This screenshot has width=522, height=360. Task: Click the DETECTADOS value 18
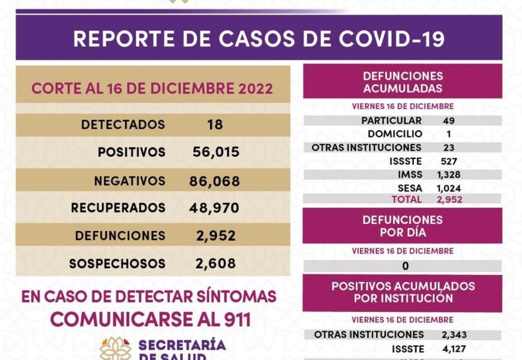point(214,125)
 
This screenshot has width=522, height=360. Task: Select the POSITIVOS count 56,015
point(217,152)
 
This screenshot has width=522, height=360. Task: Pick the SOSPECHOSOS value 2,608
point(215,263)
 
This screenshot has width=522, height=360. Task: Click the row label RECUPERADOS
point(118,208)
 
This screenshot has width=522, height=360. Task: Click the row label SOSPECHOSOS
point(117,263)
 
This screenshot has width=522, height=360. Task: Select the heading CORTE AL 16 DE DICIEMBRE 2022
point(152,89)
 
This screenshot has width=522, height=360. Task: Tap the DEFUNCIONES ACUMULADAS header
point(403,82)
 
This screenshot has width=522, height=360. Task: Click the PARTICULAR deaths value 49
point(448,121)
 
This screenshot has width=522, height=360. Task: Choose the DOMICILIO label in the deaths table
point(395,134)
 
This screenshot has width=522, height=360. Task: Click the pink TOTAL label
point(406,199)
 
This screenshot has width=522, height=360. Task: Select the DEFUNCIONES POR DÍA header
point(403,226)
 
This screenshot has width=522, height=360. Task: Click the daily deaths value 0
point(406,266)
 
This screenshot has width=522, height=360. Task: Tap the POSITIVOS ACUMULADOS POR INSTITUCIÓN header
point(403,292)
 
